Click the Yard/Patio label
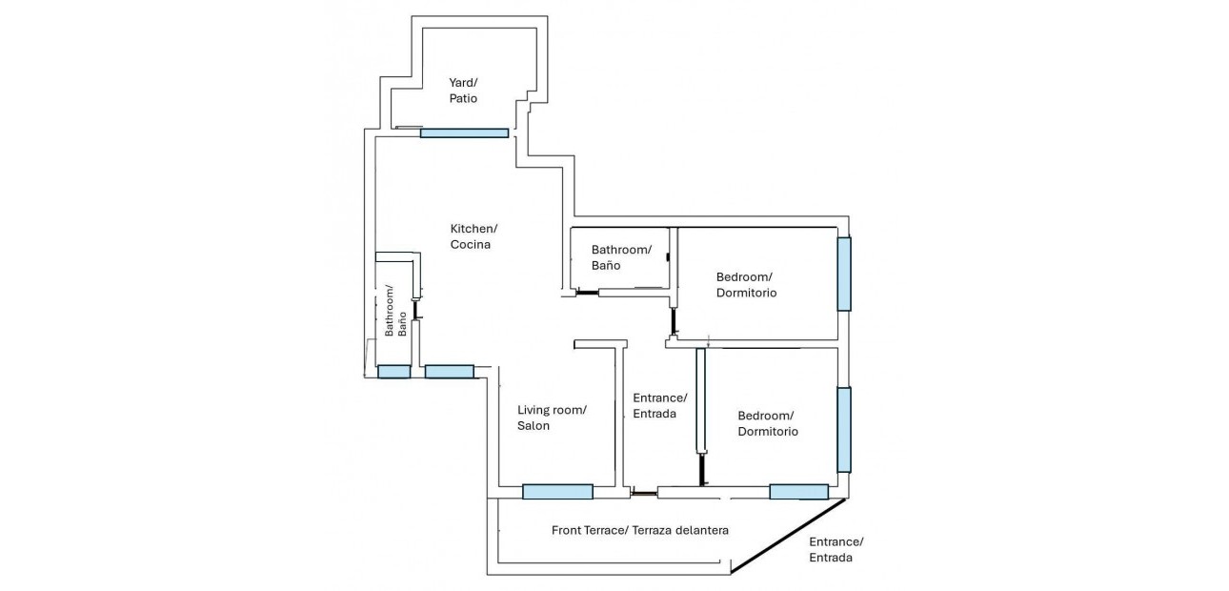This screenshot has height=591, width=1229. pos(463,91)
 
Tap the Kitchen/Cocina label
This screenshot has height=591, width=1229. pos(473,236)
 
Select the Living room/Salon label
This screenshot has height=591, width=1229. pos(552,418)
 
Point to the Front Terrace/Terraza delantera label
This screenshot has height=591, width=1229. pos(640,530)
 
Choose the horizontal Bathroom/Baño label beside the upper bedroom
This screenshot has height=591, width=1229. pos(621,257)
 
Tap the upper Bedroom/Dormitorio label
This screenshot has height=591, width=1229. pos(746,285)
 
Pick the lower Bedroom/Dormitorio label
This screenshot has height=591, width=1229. pos(768,423)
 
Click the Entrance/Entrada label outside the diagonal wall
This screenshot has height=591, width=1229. pos(836,549)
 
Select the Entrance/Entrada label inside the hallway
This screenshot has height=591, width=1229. pos(659,405)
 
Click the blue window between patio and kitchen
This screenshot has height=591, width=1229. pos(464,132)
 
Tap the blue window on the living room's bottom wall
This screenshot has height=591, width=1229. pos(557,492)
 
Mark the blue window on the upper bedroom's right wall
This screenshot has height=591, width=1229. pos(844,274)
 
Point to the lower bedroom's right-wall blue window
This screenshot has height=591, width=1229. pos(844,429)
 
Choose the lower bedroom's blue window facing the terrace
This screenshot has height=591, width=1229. pos(798,492)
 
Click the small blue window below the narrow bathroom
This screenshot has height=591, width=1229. pos(393,372)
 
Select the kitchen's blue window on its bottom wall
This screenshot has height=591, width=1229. pos(449,371)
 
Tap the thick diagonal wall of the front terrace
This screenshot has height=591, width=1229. pos(789,536)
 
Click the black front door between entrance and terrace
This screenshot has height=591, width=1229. pos(644,493)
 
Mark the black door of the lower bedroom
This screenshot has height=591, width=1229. pos(703,469)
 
